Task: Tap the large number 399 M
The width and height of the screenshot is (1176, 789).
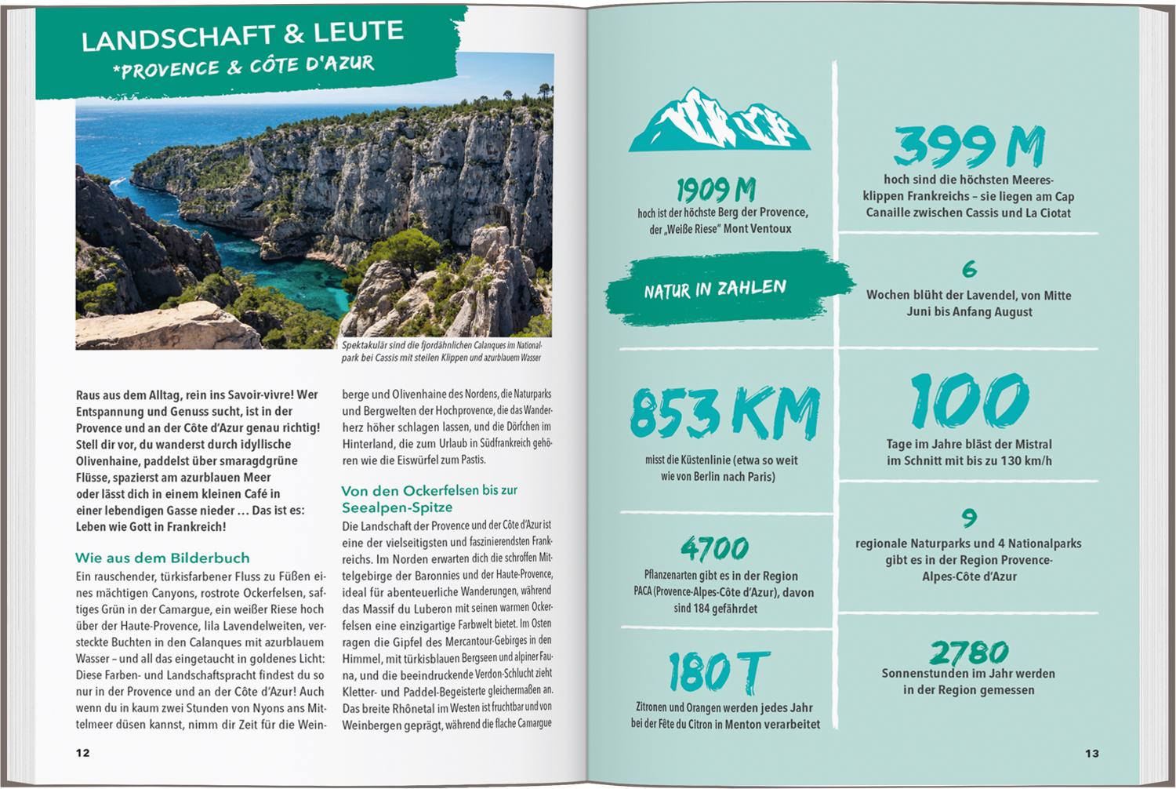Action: [x=969, y=147]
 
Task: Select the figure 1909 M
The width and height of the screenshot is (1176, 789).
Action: [x=716, y=190]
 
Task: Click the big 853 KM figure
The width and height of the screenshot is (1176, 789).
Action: [x=724, y=413]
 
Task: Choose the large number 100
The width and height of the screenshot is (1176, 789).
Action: [x=969, y=401]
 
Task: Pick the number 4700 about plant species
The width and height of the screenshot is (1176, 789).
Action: [x=715, y=548]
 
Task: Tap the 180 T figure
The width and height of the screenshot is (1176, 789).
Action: [x=713, y=672]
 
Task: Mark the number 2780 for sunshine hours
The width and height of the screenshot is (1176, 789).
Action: [x=969, y=652]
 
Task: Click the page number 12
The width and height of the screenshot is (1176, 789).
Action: [x=82, y=753]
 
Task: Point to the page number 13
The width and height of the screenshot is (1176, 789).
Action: [x=1091, y=754]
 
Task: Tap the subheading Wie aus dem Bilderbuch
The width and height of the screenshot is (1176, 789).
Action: [x=162, y=558]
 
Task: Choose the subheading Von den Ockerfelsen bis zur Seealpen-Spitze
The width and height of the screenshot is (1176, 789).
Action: [x=429, y=499]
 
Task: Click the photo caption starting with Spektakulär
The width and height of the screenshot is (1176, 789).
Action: [x=441, y=351]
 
